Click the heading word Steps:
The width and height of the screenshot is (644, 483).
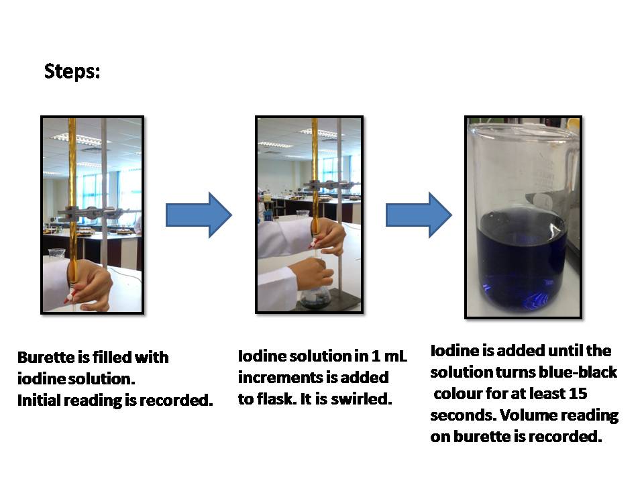(72, 72)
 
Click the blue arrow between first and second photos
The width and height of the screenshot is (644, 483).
(199, 215)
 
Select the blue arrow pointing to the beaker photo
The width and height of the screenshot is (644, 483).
(419, 215)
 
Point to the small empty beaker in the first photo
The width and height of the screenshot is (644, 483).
(56, 255)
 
